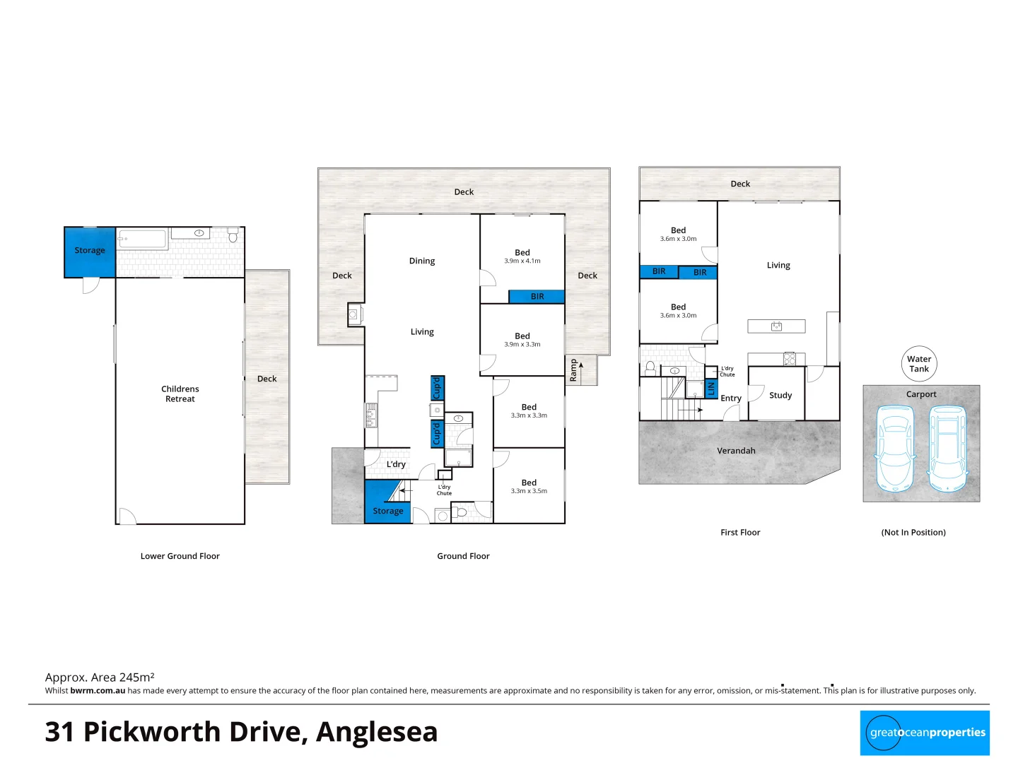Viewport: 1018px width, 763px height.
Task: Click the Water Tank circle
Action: coord(919,364)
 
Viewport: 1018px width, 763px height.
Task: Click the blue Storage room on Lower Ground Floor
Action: coord(90,252)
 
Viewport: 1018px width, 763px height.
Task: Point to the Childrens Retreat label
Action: coord(180,394)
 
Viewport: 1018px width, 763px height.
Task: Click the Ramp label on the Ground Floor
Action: coord(573,370)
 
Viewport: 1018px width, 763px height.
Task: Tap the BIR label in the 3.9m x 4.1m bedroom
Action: coord(537,297)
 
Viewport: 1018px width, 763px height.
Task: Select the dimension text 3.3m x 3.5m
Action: coord(529,491)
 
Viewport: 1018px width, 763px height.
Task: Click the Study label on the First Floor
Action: coord(780,396)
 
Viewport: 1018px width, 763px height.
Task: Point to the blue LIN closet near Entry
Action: coord(711,388)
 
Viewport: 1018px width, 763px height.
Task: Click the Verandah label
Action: coord(736,451)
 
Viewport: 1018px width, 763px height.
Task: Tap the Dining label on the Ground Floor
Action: coord(422,261)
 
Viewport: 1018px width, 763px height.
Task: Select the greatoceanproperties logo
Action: coord(925,733)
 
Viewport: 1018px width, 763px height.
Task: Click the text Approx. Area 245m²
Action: coord(100,677)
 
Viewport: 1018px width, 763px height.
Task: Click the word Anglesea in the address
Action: coord(377,732)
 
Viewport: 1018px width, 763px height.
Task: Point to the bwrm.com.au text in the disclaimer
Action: coord(98,691)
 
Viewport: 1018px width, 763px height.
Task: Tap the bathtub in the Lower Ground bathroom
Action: coord(142,239)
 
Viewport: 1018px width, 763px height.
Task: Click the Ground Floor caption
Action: coord(463,556)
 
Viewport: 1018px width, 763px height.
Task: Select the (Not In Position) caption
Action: coord(913,533)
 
